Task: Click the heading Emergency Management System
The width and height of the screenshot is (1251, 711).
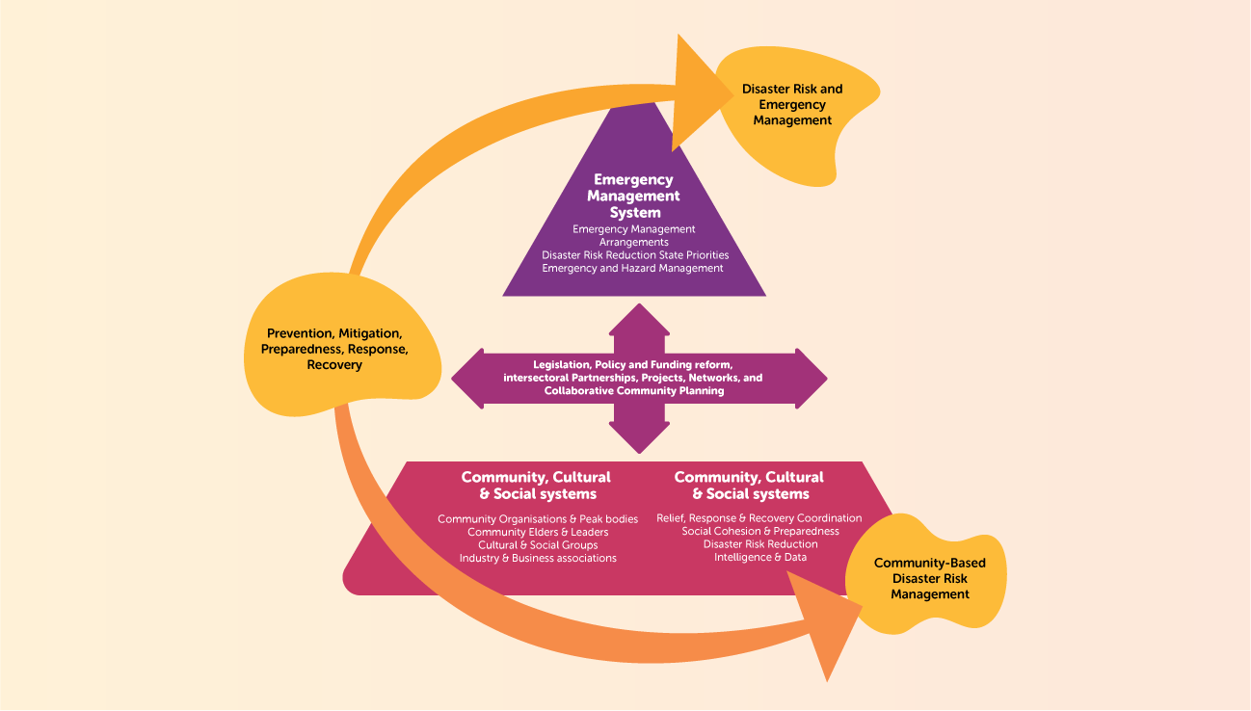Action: pos(635,196)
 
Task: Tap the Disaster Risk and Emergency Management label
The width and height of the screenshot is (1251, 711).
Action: pos(792,104)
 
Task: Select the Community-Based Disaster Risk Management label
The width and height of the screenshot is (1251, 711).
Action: pos(929,578)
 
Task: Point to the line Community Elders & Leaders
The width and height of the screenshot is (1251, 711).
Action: pos(538,532)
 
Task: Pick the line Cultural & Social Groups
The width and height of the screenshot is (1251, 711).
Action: pos(538,545)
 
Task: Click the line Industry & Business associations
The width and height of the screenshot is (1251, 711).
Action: pos(538,558)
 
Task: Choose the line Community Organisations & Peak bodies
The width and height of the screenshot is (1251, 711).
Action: pos(538,519)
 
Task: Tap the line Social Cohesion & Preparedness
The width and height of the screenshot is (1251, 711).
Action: pos(759,531)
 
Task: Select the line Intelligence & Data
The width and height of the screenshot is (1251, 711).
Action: pos(759,557)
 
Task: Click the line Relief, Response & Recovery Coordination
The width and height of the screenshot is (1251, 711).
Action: pos(759,518)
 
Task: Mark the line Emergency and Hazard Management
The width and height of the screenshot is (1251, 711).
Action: pos(632,268)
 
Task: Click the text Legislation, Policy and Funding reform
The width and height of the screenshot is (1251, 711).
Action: pos(633,364)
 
